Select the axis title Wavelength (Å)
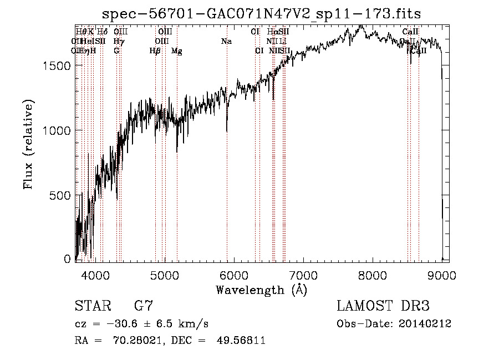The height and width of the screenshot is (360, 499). [261, 290]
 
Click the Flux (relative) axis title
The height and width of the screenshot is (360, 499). [29, 144]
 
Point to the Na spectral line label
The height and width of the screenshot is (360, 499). [226, 42]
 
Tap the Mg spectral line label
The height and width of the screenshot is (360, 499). [177, 51]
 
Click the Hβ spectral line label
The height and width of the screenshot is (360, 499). [155, 51]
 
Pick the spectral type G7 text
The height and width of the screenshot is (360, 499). [144, 306]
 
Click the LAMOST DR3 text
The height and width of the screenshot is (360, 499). [383, 306]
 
